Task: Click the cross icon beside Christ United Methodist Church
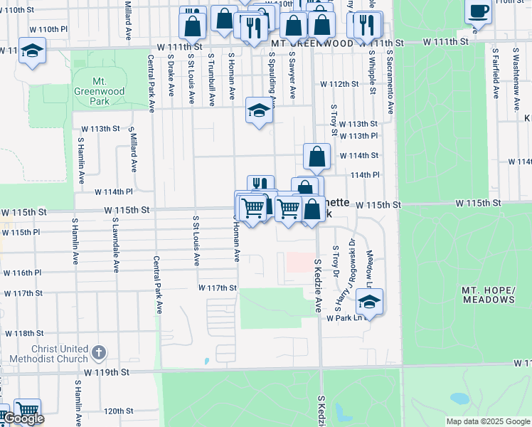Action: click(99, 352)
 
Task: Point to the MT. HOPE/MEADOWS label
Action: click(488, 295)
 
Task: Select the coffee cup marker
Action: click(478, 13)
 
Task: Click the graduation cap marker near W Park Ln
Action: click(369, 302)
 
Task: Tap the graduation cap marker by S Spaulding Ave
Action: click(259, 111)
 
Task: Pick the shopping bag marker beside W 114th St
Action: click(316, 157)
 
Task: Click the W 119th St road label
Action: click(107, 371)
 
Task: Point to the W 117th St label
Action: click(216, 288)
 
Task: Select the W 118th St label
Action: click(24, 333)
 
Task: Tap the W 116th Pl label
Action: click(22, 273)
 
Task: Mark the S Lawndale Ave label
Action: click(115, 246)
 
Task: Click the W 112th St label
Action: click(339, 84)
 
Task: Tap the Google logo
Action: click(23, 418)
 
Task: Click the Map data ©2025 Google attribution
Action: click(488, 421)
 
